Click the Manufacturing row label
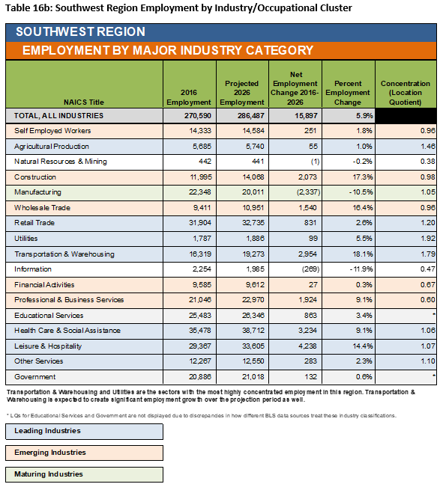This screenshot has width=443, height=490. [37, 192]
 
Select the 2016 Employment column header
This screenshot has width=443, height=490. [189, 97]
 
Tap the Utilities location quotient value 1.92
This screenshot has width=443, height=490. [428, 239]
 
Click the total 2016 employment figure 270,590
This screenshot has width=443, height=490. [198, 116]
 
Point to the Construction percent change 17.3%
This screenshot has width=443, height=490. [363, 177]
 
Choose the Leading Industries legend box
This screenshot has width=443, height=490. [84, 431]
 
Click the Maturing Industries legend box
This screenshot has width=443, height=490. [84, 474]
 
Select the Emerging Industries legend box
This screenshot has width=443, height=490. [84, 453]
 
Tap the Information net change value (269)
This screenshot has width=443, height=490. [310, 269]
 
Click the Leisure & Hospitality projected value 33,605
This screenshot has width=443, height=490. [253, 346]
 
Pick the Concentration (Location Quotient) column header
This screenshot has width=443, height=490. [406, 93]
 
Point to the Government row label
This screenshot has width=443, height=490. [34, 377]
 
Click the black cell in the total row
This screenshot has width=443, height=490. [406, 116]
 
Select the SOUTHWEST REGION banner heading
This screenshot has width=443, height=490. [80, 32]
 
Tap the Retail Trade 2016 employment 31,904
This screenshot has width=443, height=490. [200, 223]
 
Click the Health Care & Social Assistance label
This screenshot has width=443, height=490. [67, 331]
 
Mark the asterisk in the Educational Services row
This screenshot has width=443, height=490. [434, 314]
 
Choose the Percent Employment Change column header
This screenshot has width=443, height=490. [348, 93]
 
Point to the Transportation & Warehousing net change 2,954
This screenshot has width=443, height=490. [307, 254]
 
